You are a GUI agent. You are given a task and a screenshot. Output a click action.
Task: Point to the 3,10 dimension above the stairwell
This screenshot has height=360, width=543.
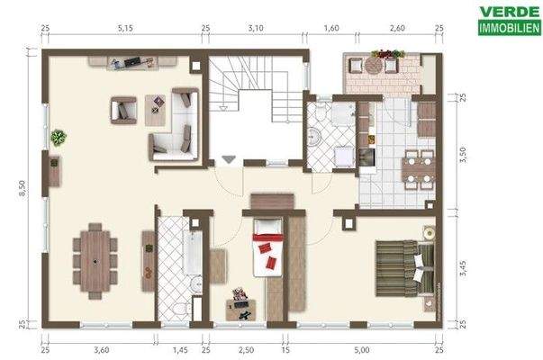pos(256,29)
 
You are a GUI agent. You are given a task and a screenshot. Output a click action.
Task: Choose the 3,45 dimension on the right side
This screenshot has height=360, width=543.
pos(464,266)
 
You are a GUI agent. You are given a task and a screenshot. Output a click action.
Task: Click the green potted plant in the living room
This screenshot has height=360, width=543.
pos(59,137)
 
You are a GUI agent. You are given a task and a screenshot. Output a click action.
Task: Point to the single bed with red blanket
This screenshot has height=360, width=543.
pos(267,247)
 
